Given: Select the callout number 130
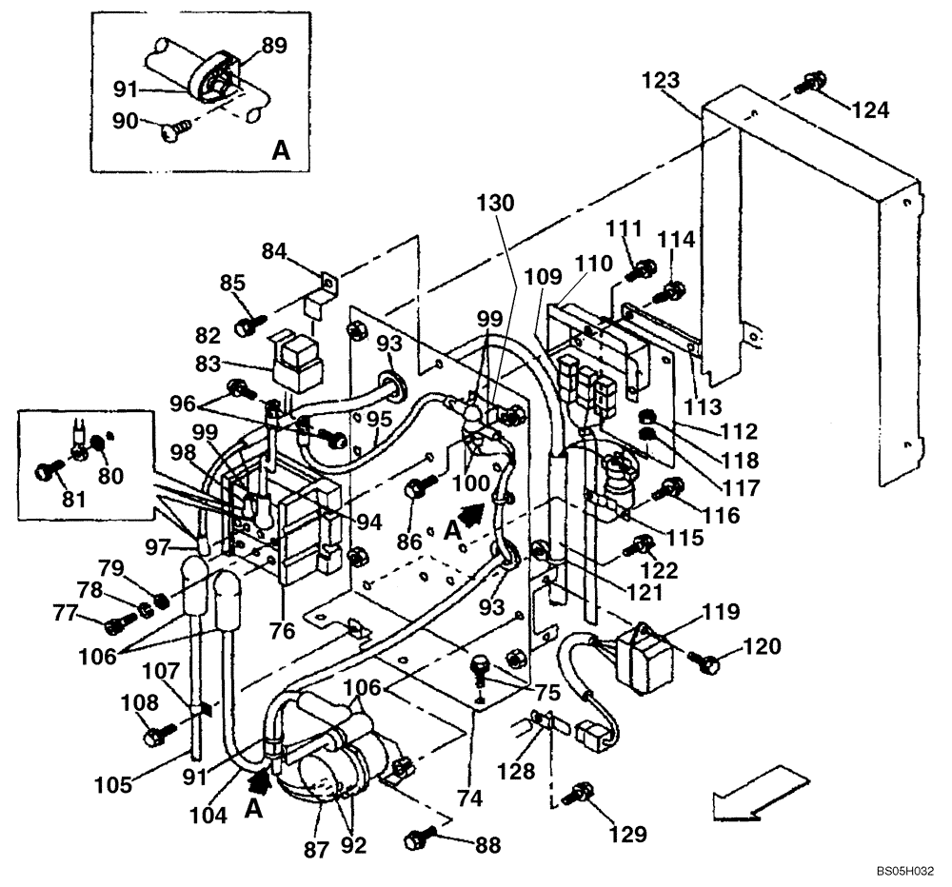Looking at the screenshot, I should tap(496, 203).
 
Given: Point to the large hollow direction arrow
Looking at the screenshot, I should tap(749, 793).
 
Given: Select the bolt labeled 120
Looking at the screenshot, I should tap(706, 662).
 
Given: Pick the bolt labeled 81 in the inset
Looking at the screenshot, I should tap(48, 469).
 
